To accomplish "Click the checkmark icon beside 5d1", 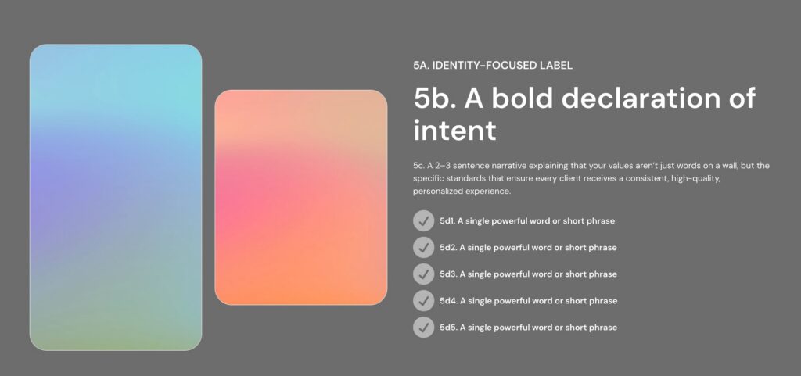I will tap(423, 221).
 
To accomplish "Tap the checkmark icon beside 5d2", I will tap(423, 248).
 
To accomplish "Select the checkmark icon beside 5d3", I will tap(423, 274).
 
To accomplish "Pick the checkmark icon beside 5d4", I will tap(423, 301).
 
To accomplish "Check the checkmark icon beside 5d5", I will tap(423, 328).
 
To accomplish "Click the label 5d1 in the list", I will tap(447, 221).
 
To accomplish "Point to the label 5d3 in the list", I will tap(448, 274).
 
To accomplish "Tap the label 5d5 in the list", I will tap(448, 328).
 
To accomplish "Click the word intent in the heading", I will tap(454, 130).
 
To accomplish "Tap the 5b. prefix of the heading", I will tap(434, 98).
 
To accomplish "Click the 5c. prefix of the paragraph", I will tap(418, 166).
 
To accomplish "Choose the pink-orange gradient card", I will tap(301, 197).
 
